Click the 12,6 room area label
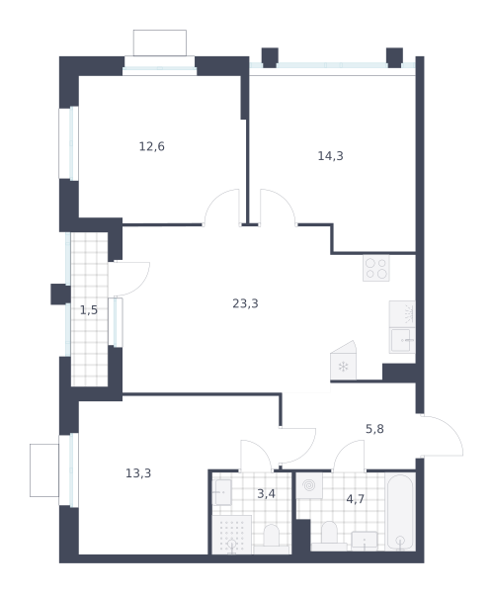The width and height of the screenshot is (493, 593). (151, 146)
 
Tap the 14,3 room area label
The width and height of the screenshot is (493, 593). (330, 156)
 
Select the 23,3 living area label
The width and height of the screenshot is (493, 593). (245, 303)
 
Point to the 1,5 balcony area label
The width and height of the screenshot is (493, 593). (89, 310)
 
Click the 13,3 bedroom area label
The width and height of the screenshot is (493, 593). (138, 473)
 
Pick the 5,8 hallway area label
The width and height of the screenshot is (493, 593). (374, 429)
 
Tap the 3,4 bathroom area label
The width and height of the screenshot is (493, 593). (266, 493)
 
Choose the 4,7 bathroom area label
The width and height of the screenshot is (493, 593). (356, 499)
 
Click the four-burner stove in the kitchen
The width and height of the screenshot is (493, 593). (376, 268)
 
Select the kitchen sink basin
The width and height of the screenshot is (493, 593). (402, 340)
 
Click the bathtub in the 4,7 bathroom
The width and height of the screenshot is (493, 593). (400, 511)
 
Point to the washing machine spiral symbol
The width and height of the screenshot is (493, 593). (309, 485)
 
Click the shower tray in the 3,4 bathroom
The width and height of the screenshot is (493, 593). (231, 535)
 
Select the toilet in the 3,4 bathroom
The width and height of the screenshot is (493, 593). (271, 539)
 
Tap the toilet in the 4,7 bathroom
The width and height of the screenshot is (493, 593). (329, 537)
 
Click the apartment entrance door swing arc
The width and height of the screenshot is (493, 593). (452, 427)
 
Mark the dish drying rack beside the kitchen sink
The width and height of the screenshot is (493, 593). (402, 314)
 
